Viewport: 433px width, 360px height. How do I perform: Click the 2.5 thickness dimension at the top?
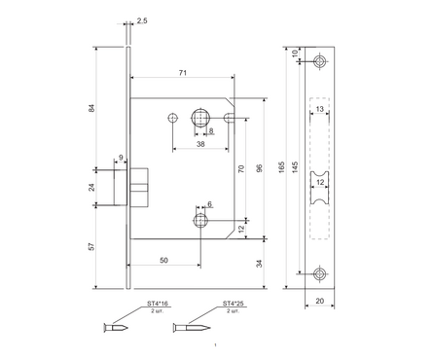click(142, 20)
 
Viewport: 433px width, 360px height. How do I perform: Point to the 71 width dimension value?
click(183, 73)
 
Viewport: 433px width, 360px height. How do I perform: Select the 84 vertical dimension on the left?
click(92, 108)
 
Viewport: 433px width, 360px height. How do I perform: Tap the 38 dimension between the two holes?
click(200, 144)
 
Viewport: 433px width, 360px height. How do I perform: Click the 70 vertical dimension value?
click(241, 168)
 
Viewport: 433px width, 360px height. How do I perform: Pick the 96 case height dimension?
click(259, 168)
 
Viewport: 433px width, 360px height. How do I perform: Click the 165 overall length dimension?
click(281, 166)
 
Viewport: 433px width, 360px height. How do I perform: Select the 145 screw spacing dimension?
click(295, 166)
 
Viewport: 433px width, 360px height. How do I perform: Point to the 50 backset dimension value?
click(164, 261)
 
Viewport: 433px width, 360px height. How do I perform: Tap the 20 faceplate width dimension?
click(320, 301)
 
